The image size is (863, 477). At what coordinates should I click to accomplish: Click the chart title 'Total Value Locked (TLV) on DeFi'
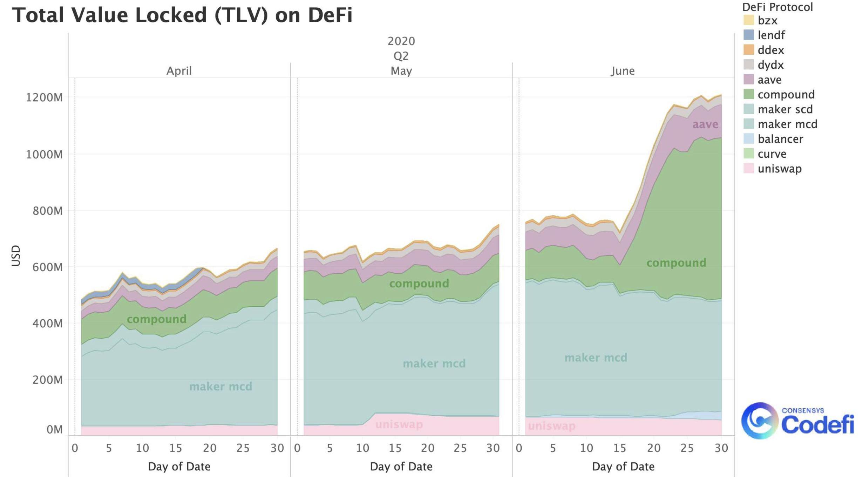(x=182, y=15)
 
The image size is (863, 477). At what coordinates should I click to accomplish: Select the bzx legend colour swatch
(x=748, y=20)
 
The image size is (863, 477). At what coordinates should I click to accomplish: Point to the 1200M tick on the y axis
(x=44, y=97)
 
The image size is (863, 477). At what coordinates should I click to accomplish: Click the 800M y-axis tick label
(x=47, y=211)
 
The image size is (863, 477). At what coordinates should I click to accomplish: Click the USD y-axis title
(x=16, y=255)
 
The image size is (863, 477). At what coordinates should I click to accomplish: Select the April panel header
(x=179, y=71)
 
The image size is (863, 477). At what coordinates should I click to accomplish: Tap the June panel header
(x=623, y=71)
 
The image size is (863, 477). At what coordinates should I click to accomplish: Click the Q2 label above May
(x=401, y=56)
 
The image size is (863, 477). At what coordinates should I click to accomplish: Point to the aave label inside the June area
(x=705, y=124)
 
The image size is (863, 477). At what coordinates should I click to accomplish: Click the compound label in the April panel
(x=156, y=319)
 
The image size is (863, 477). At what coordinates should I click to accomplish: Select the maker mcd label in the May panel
(x=434, y=364)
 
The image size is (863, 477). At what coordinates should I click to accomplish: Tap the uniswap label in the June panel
(x=551, y=426)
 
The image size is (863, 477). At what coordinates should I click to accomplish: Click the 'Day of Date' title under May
(x=401, y=466)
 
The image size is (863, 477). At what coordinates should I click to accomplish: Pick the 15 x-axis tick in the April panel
(x=176, y=448)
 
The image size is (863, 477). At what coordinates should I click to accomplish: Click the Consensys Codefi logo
(x=797, y=421)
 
